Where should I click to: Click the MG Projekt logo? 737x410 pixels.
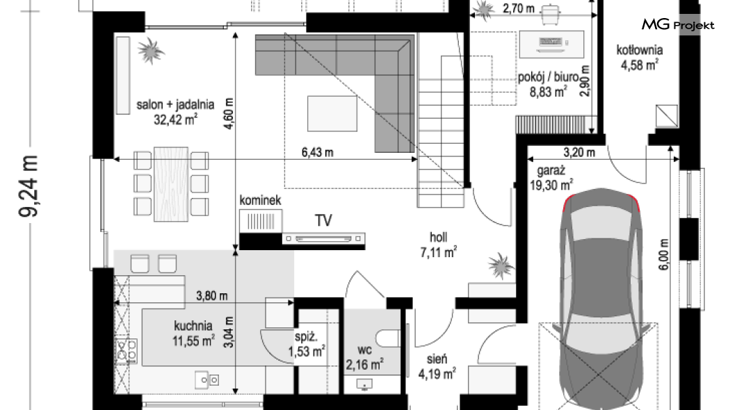pyautogui.click(x=678, y=24)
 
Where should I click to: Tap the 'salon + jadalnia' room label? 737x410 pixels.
pyautogui.click(x=175, y=104)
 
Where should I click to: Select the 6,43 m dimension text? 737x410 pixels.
pyautogui.click(x=317, y=153)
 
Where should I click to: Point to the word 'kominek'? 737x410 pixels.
pyautogui.click(x=260, y=200)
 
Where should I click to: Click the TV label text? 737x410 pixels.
pyautogui.click(x=323, y=220)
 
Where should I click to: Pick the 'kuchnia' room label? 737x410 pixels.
pyautogui.click(x=193, y=325)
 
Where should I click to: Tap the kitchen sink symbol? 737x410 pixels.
pyautogui.click(x=206, y=379)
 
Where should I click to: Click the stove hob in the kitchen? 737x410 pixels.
pyautogui.click(x=127, y=351)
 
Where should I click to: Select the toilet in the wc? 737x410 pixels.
pyautogui.click(x=388, y=338)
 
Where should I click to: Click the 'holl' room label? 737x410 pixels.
pyautogui.click(x=438, y=237)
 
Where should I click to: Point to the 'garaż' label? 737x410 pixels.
pyautogui.click(x=551, y=171)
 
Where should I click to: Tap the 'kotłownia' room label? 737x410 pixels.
pyautogui.click(x=640, y=50)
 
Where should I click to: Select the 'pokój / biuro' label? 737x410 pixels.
pyautogui.click(x=548, y=76)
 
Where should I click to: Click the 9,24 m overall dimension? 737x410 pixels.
pyautogui.click(x=29, y=186)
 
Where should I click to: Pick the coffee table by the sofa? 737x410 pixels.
pyautogui.click(x=332, y=114)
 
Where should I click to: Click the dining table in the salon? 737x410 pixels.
pyautogui.click(x=171, y=184)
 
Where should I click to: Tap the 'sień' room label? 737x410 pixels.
pyautogui.click(x=437, y=359)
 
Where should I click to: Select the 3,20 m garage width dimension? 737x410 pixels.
pyautogui.click(x=579, y=153)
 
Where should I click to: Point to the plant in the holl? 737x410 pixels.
pyautogui.click(x=501, y=266)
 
